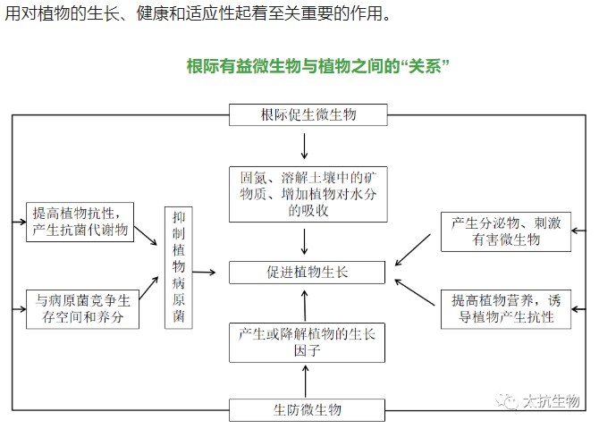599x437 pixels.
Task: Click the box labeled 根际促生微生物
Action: click(x=308, y=115)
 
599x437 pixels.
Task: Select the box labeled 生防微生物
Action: click(x=308, y=410)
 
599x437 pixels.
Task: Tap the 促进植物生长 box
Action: click(x=308, y=273)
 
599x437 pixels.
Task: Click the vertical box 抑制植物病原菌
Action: click(x=179, y=268)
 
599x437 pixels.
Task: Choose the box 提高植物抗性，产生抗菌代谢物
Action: click(x=80, y=221)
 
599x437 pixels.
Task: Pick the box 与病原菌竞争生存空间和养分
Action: click(x=80, y=308)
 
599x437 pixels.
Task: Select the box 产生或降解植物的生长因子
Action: click(x=308, y=342)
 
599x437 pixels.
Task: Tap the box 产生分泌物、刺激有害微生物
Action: click(x=506, y=231)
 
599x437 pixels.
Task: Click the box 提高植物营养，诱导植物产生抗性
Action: click(x=506, y=308)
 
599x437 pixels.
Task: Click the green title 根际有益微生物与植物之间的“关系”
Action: click(x=317, y=66)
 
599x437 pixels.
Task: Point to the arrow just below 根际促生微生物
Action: click(x=306, y=146)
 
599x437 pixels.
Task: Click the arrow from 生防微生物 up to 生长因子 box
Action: click(x=306, y=382)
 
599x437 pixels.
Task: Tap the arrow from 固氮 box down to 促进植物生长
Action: click(x=306, y=241)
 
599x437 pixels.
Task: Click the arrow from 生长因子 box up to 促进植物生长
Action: click(x=306, y=305)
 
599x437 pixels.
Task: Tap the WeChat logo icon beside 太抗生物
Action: click(x=510, y=402)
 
